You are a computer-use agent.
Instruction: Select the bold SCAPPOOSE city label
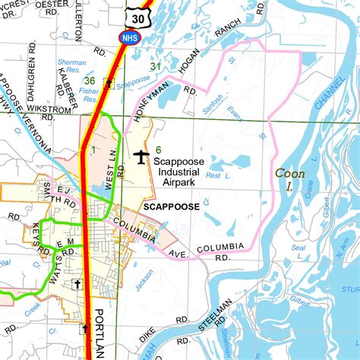[171, 207]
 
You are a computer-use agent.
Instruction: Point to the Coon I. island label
[289, 180]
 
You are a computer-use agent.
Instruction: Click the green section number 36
[90, 81]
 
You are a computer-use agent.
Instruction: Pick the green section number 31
[156, 68]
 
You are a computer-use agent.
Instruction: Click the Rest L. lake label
[219, 175]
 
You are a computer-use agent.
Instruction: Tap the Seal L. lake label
[298, 251]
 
